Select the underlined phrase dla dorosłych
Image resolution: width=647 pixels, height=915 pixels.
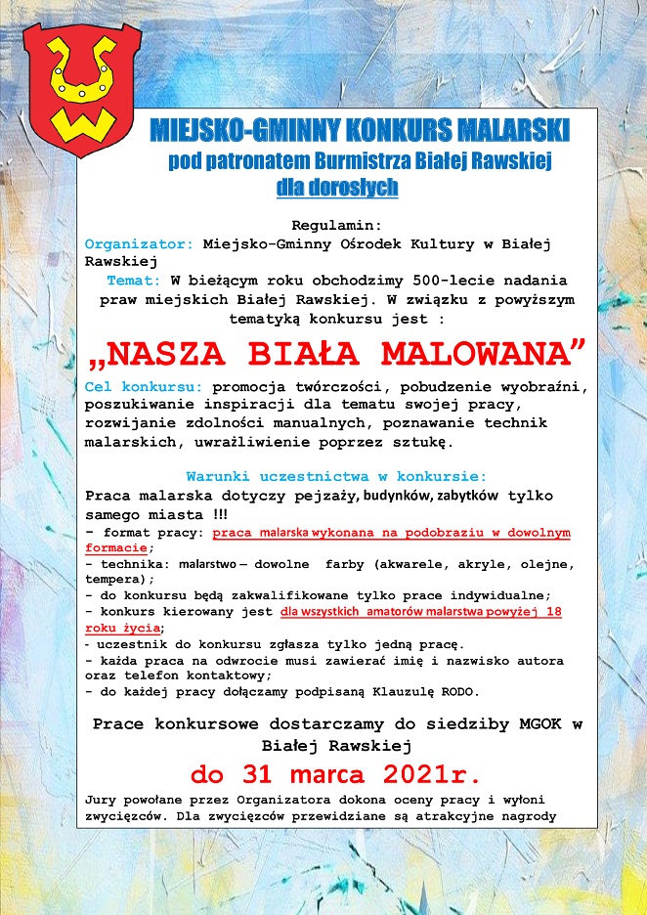coord(337,187)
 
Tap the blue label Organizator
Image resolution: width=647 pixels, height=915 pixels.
coord(139,243)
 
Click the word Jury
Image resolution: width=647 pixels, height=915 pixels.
coord(103,799)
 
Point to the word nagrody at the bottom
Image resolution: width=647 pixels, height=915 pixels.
coord(528,816)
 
